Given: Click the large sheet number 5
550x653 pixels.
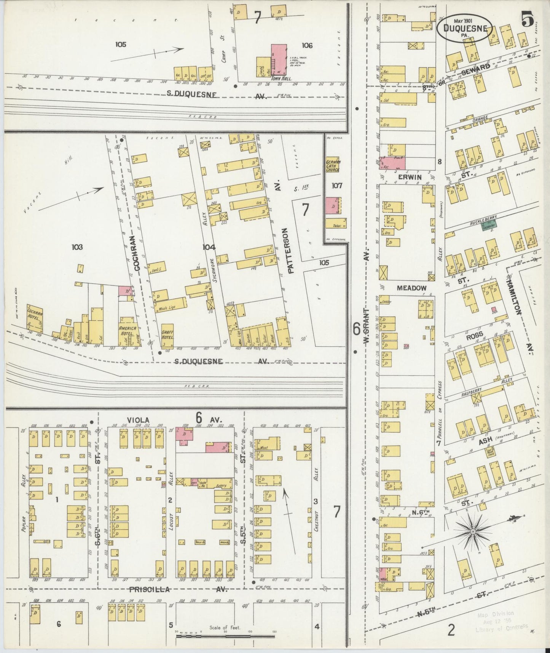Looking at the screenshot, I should (x=528, y=19).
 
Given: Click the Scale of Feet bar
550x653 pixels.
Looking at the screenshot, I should (x=225, y=637).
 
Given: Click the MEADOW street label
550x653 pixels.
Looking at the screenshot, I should (x=411, y=288).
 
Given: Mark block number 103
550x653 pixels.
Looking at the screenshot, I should (x=77, y=247).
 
